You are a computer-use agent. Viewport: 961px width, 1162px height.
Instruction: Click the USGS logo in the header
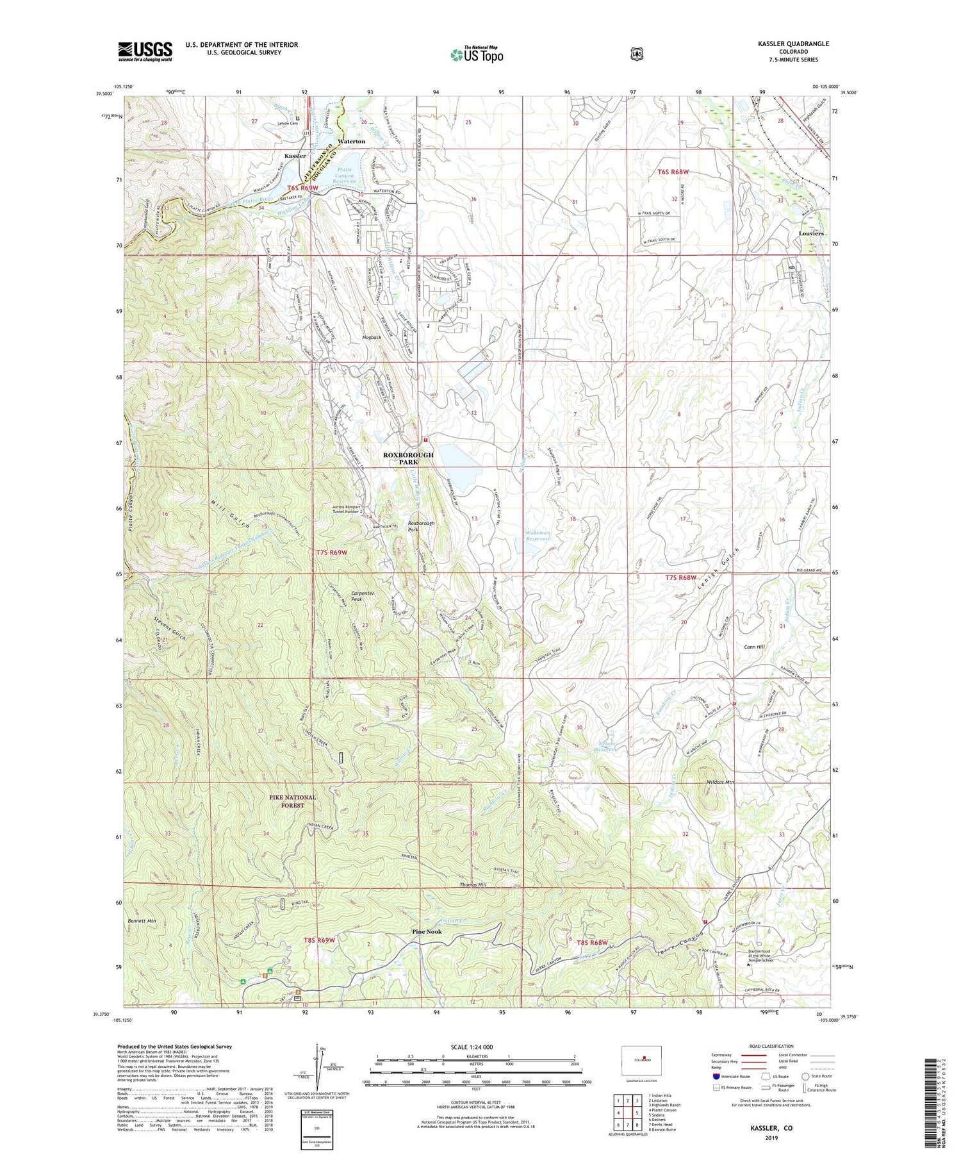pyautogui.click(x=145, y=51)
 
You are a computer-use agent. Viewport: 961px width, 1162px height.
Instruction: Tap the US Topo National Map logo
pyautogui.click(x=477, y=54)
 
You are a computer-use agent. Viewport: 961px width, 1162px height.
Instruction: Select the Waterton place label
pyautogui.click(x=351, y=141)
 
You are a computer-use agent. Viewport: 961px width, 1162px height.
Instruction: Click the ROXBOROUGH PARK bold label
pyautogui.click(x=408, y=458)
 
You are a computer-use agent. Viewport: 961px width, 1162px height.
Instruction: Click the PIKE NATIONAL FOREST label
pyautogui.click(x=292, y=801)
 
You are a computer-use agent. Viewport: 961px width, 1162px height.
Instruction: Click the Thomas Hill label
pyautogui.click(x=473, y=885)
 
